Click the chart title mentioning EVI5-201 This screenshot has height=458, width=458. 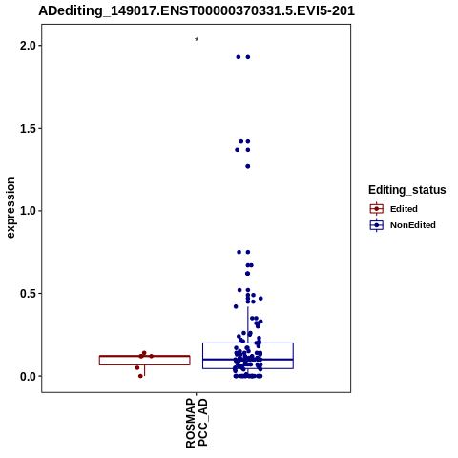[x=197, y=11]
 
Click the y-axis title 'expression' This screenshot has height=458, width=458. [x=10, y=208]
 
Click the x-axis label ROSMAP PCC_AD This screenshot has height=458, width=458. [x=197, y=423]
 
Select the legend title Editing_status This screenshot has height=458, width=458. [x=407, y=190]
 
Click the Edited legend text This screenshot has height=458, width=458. [x=404, y=209]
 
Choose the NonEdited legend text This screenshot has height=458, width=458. [x=413, y=225]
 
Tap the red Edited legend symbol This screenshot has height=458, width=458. [x=377, y=209]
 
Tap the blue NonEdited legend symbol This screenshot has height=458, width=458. [x=377, y=225]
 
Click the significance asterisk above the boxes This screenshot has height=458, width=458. [x=197, y=39]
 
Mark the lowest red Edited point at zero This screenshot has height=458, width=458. [x=140, y=376]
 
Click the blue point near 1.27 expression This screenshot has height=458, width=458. [x=248, y=166]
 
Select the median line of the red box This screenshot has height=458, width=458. [x=145, y=356]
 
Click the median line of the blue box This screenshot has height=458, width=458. [x=248, y=360]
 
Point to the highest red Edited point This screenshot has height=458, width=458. [x=144, y=353]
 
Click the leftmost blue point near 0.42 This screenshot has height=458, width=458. [x=236, y=306]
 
